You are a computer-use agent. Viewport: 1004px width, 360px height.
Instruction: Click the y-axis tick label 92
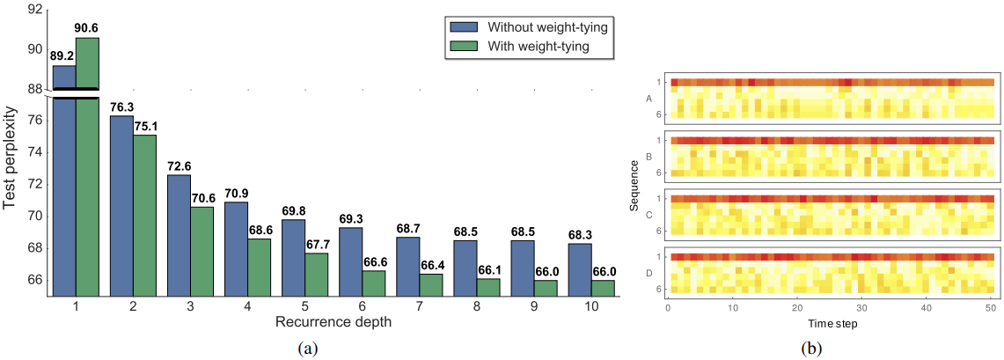tap(35, 10)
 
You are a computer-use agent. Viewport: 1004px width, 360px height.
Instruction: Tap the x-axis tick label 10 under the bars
tap(591, 306)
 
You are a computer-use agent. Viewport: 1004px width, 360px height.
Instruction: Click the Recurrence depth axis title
tap(333, 322)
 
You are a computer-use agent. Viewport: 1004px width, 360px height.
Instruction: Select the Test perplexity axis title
tap(11, 158)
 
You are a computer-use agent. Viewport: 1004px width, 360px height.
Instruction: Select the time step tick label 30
tap(861, 308)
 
